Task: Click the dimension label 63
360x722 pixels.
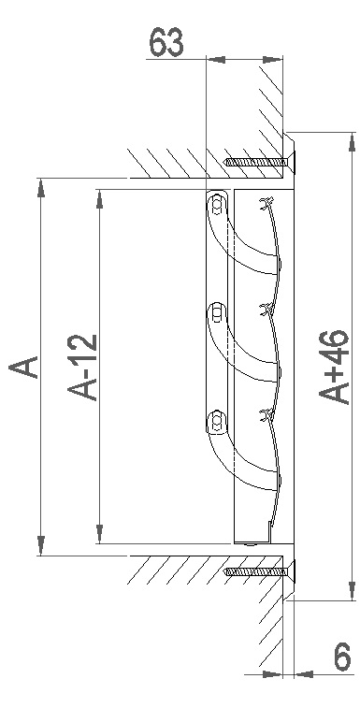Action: (x=166, y=42)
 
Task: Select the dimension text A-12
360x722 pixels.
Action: (x=83, y=367)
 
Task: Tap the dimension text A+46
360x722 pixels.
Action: (x=334, y=367)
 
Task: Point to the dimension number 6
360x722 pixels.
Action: (x=342, y=657)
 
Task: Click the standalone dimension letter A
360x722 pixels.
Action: (x=23, y=367)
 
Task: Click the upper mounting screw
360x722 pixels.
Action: (x=259, y=162)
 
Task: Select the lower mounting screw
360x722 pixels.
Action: (x=259, y=571)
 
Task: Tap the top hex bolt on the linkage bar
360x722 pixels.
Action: (x=217, y=205)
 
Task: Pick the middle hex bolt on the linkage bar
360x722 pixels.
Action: (x=217, y=313)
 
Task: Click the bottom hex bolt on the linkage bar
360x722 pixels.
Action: (x=217, y=421)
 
